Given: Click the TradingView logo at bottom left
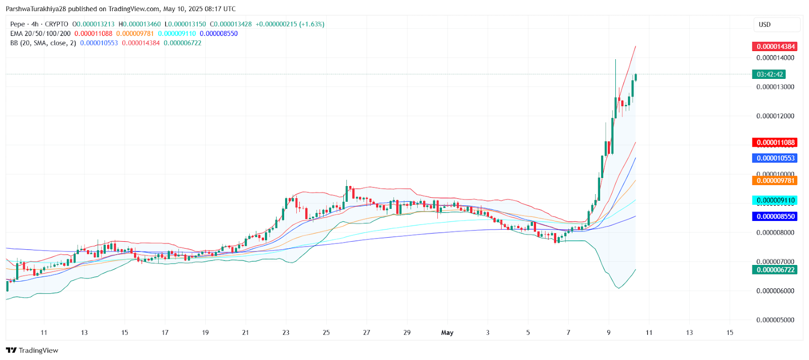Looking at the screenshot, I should (x=32, y=350).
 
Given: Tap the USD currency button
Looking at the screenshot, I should (x=765, y=24).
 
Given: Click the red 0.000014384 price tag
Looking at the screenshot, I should (x=776, y=47).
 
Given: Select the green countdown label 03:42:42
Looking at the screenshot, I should (x=770, y=74).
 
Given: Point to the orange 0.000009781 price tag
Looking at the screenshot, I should (x=776, y=181).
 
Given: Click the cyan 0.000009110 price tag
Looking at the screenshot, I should (x=776, y=201).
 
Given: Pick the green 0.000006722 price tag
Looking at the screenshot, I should (x=776, y=270).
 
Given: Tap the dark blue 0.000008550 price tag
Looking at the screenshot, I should (x=776, y=216).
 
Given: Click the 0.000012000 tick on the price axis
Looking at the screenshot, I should (x=775, y=116).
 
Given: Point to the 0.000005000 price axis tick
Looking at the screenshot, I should (x=775, y=320).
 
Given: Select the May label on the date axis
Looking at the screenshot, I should (x=447, y=333).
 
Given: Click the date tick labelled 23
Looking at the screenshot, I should (x=286, y=333).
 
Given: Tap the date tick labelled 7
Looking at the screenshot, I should (x=568, y=333).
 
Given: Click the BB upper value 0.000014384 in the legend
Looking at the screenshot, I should (x=141, y=43).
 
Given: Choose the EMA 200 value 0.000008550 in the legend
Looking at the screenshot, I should (x=218, y=33).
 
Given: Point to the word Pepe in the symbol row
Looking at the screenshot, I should (x=18, y=24).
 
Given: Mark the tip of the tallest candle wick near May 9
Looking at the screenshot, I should (x=615, y=60).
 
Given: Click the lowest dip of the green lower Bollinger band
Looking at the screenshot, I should (x=618, y=288).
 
